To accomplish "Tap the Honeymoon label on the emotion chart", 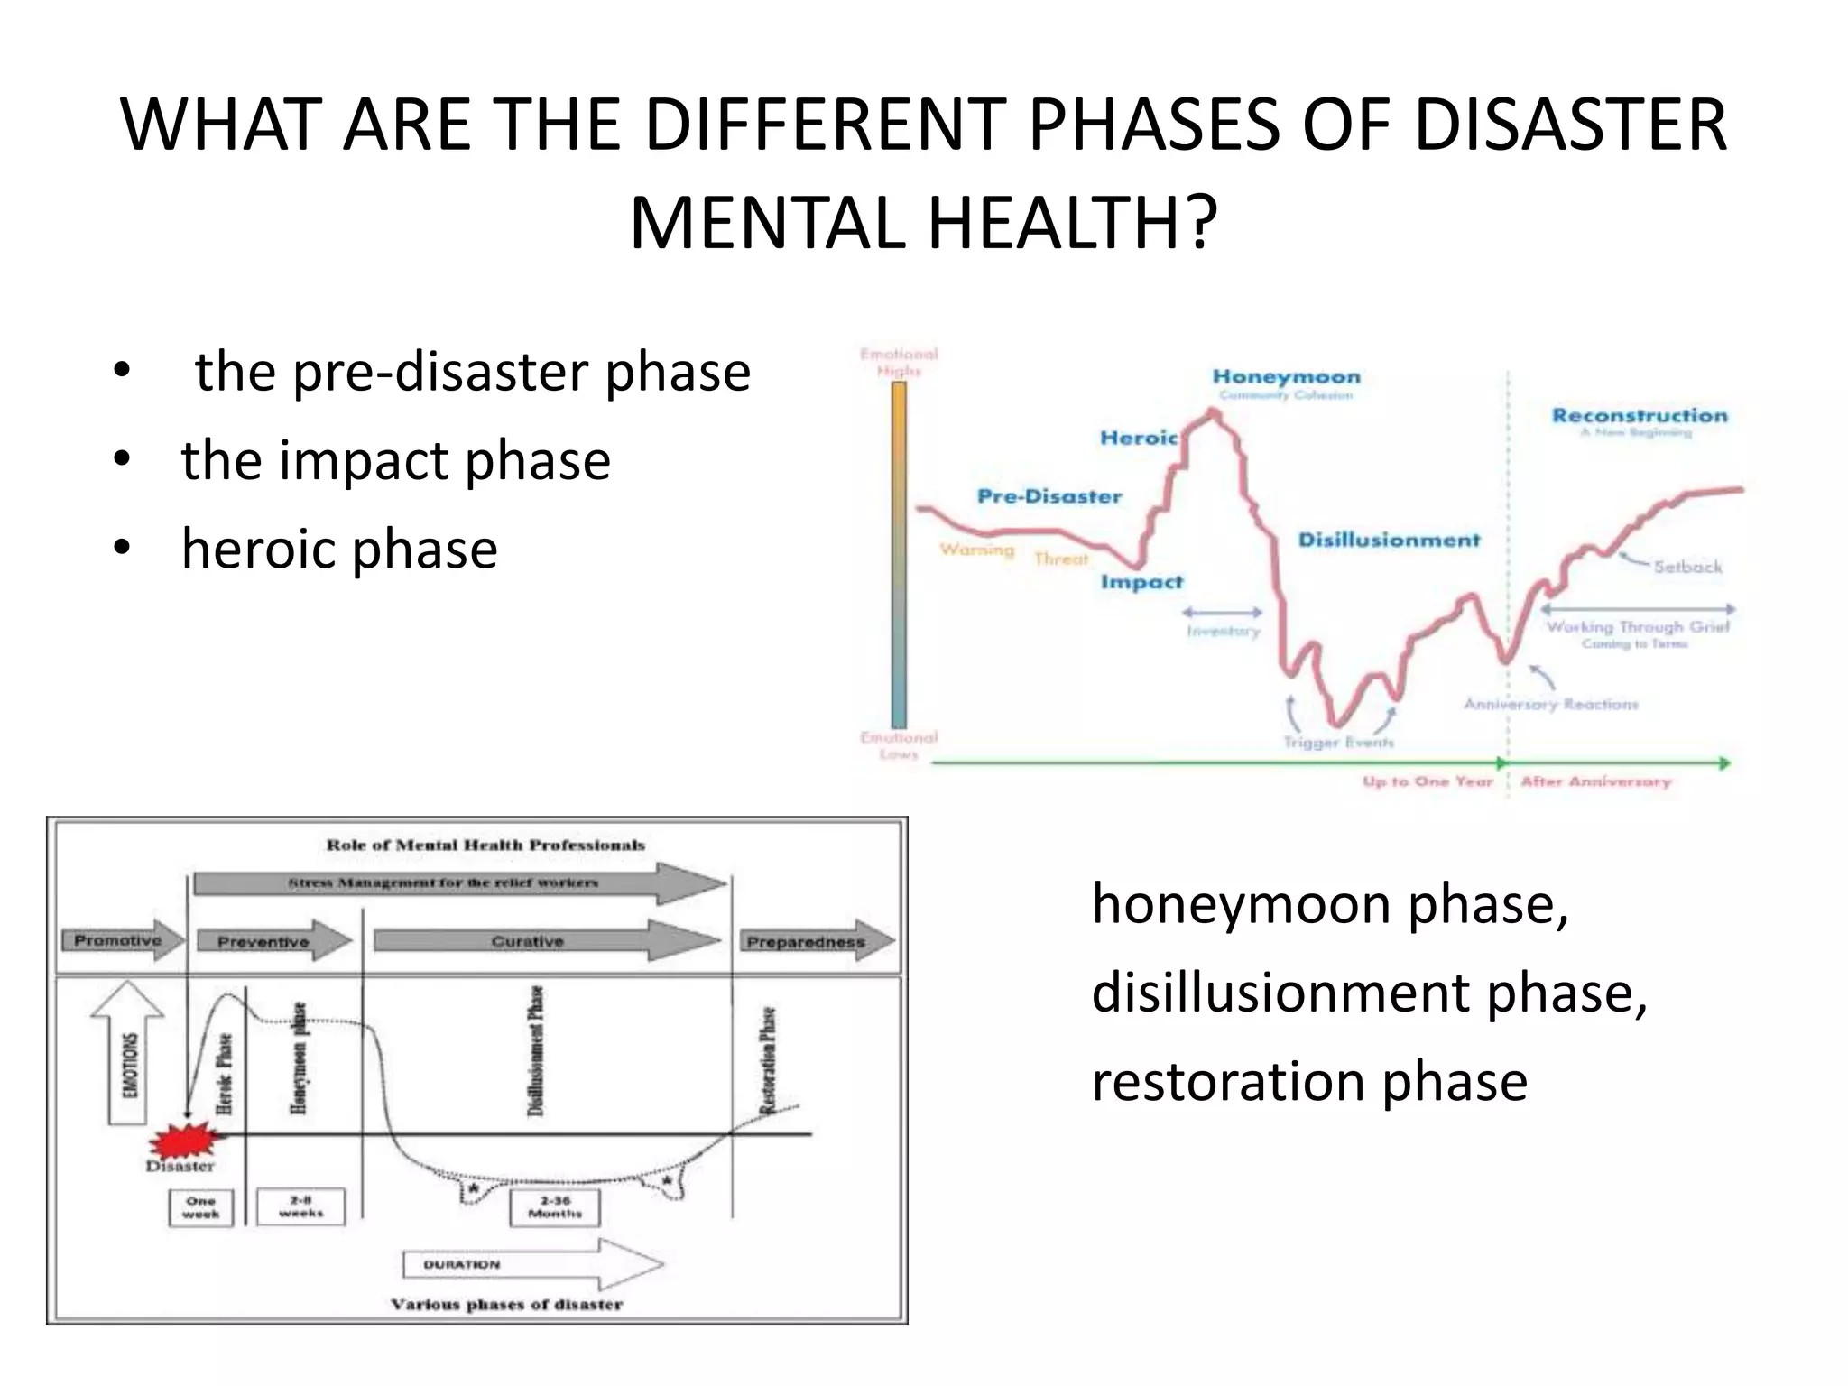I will click(1286, 377).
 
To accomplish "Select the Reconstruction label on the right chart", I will click(1640, 416).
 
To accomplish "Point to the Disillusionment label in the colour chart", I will click(1389, 541).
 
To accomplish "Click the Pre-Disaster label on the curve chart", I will click(1049, 496).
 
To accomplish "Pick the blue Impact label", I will click(1141, 582).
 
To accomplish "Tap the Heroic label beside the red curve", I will click(1139, 439).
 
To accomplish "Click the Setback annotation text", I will click(1687, 567).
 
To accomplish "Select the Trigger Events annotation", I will click(1338, 743).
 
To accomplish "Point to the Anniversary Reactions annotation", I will click(1550, 704).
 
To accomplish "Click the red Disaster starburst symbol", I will click(187, 1142).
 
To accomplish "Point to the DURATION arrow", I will click(532, 1264).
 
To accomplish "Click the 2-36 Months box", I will click(555, 1207).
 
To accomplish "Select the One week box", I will click(200, 1207).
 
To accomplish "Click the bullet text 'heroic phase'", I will click(339, 549).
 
